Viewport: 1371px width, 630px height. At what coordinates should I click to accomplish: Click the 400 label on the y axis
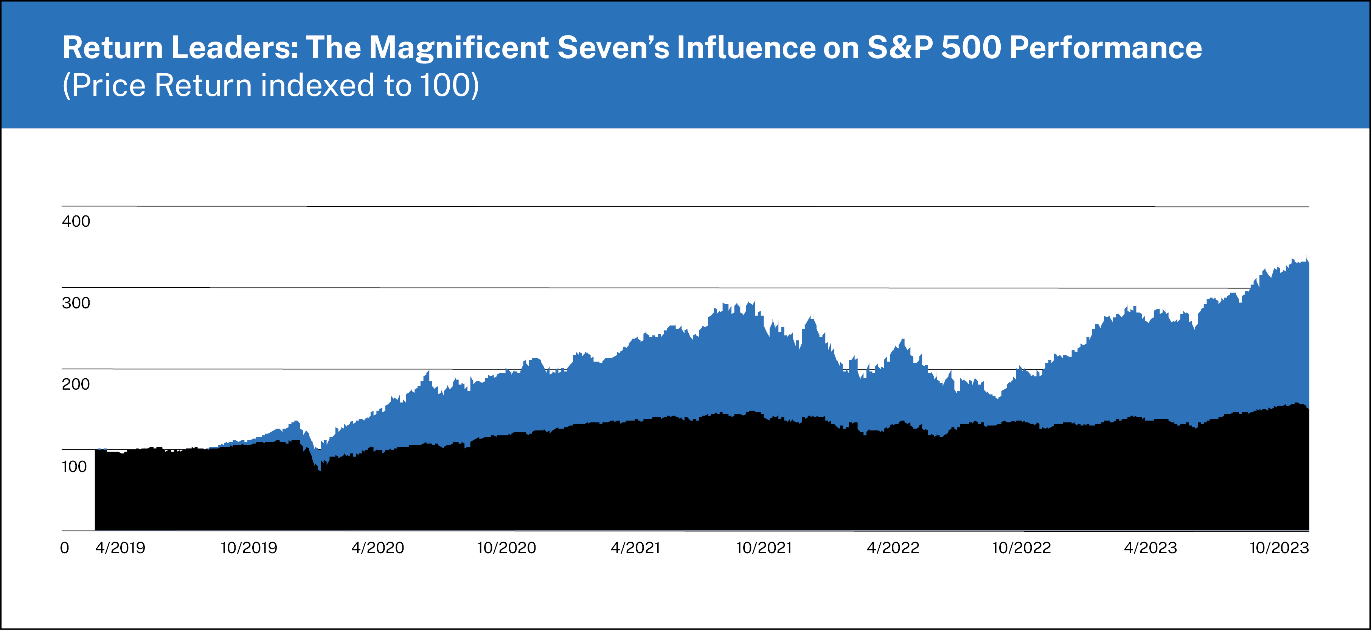76,221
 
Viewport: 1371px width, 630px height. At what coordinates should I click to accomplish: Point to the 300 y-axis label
76,303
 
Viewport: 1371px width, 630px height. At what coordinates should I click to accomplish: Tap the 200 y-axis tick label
76,384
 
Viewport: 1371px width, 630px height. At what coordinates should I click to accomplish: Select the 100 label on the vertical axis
75,466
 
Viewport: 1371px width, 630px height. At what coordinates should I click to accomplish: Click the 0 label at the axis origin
64,548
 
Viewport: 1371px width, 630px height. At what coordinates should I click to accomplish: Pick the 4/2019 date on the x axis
120,548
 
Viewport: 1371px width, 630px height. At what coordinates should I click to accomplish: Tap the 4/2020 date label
378,548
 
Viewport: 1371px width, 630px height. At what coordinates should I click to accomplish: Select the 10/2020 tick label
506,548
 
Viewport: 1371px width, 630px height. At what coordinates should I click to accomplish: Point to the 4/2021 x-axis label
635,548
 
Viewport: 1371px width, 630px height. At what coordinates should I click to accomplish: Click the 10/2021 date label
764,548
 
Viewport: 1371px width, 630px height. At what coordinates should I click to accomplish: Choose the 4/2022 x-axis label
893,548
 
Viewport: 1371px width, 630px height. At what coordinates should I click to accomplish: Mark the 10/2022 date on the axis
1021,548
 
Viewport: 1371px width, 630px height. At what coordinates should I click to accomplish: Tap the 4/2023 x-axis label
1151,548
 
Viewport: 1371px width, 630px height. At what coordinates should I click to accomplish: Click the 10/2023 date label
1279,548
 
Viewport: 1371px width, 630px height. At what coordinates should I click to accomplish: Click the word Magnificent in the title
459,48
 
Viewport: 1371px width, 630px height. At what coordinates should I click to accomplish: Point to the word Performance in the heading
1105,48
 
